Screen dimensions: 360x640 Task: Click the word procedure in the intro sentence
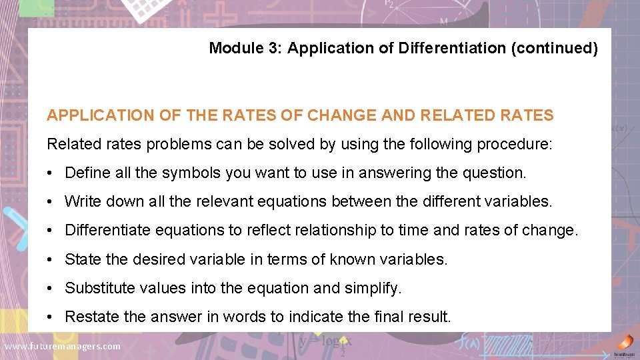pos(520,145)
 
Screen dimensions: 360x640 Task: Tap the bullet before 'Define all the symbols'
pos(51,173)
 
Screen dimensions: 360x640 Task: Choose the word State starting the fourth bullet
pos(81,259)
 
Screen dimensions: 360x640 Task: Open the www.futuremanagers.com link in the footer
pos(63,346)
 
